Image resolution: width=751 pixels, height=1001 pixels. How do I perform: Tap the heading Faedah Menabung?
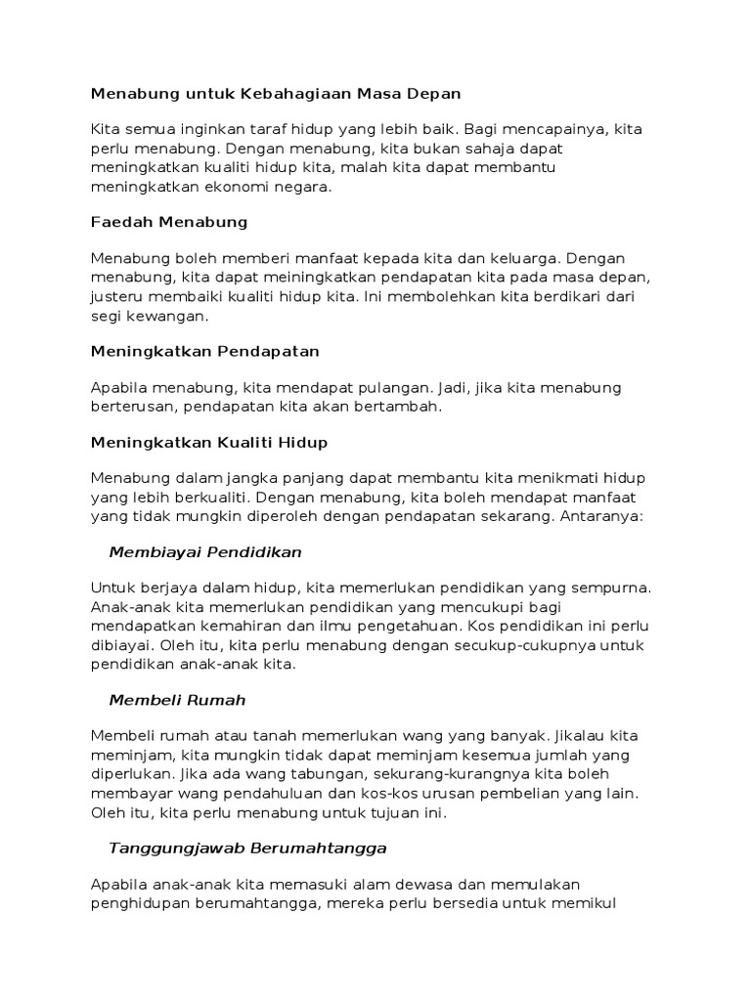pyautogui.click(x=169, y=222)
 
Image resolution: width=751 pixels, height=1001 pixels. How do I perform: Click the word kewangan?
pyautogui.click(x=167, y=316)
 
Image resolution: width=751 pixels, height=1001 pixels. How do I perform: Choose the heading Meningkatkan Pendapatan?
pyautogui.click(x=205, y=350)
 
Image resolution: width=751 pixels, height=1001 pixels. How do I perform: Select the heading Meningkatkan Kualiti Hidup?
pyautogui.click(x=209, y=443)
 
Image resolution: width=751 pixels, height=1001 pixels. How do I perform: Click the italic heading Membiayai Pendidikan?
pyautogui.click(x=205, y=552)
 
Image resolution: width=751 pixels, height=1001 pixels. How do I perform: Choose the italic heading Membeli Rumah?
pyautogui.click(x=177, y=700)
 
